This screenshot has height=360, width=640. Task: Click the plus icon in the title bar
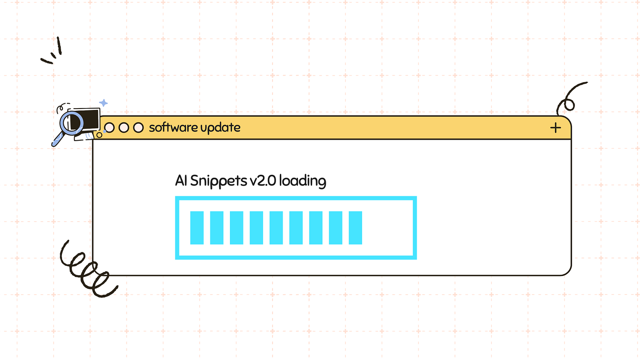(x=556, y=128)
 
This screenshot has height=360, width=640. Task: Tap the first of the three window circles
(x=109, y=127)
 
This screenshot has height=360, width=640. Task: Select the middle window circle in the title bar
(x=124, y=127)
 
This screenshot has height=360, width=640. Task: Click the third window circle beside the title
(x=138, y=127)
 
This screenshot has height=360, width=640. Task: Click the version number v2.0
(x=261, y=181)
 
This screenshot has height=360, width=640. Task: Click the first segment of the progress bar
(x=197, y=228)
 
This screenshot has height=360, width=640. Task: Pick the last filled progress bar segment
(x=355, y=228)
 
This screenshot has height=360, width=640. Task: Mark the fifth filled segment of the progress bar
(x=276, y=228)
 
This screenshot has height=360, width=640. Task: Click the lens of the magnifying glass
(x=71, y=122)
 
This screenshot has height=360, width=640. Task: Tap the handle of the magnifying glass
(x=57, y=140)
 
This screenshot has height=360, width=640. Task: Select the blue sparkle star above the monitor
(x=103, y=103)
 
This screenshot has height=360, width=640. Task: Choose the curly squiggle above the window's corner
(x=569, y=99)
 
